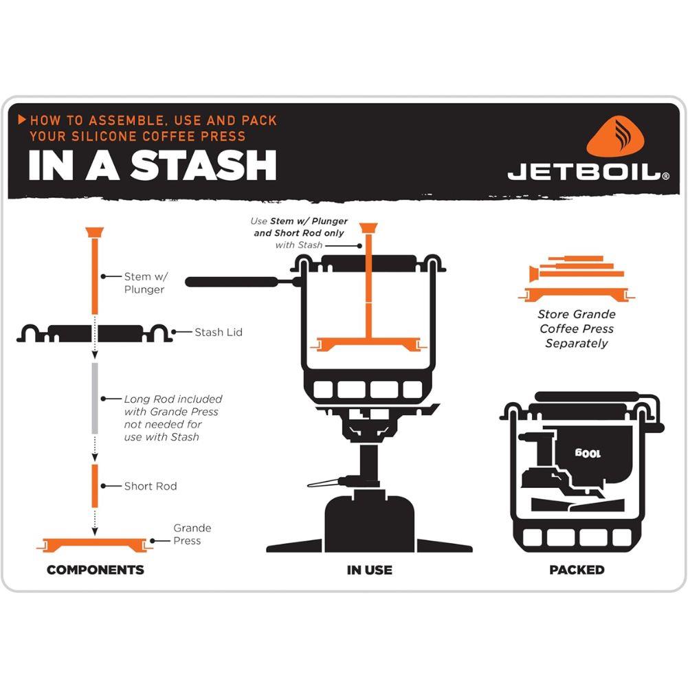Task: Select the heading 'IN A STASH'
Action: (x=152, y=166)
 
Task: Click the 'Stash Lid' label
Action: (x=218, y=333)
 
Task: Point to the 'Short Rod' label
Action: (x=150, y=487)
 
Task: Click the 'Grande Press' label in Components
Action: (x=192, y=535)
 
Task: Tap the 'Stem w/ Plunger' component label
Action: (x=145, y=283)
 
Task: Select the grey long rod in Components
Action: (x=95, y=398)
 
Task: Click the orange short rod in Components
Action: (x=95, y=485)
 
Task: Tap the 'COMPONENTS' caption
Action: (x=95, y=570)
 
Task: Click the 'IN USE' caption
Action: (x=369, y=570)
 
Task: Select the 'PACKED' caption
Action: (x=577, y=570)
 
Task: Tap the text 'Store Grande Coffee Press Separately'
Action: (x=576, y=329)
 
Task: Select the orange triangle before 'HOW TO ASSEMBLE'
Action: (x=22, y=120)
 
